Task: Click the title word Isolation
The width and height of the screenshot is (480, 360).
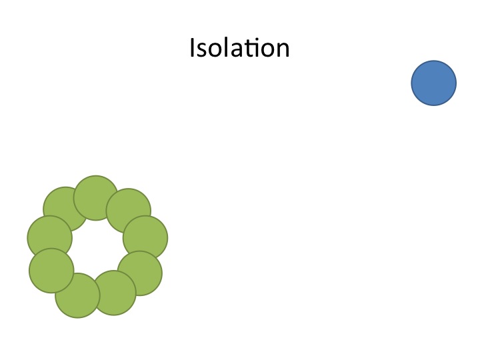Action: tap(239, 49)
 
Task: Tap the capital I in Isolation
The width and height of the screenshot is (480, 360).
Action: tap(193, 49)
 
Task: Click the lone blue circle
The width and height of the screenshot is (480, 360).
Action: tap(433, 83)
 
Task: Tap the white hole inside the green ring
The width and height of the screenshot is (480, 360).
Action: tap(97, 247)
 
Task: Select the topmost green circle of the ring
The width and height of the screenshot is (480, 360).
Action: tap(96, 197)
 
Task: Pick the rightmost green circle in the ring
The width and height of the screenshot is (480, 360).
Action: tap(145, 237)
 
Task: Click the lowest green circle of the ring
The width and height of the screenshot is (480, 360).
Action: tap(77, 296)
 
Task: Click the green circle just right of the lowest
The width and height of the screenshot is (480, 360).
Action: tap(114, 293)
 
